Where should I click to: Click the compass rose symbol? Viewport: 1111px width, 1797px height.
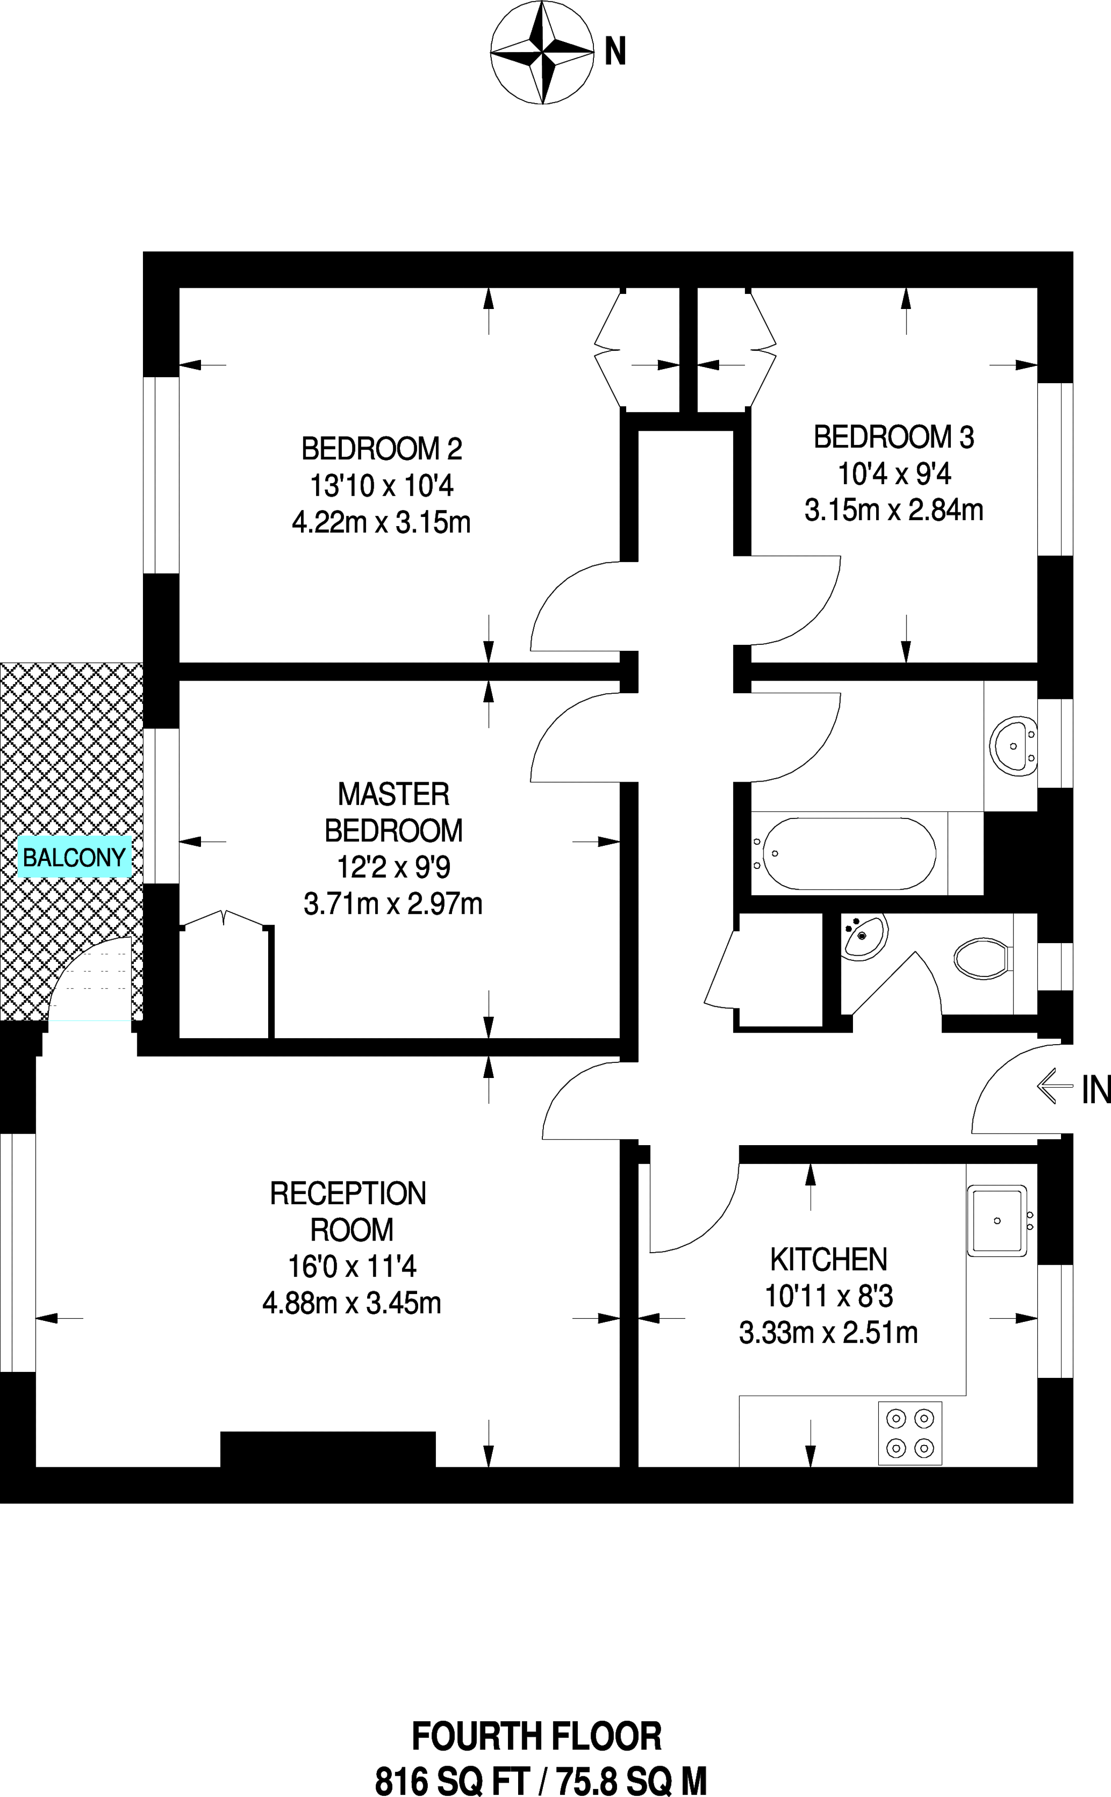[x=542, y=53]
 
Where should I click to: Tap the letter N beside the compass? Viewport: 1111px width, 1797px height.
[x=615, y=52]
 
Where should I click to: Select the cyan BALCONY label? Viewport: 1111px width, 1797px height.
[x=74, y=857]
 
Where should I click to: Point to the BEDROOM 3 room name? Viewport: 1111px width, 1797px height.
[x=893, y=437]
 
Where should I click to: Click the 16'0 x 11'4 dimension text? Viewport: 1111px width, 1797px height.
[x=352, y=1266]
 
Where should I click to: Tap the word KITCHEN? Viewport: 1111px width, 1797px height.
[x=829, y=1259]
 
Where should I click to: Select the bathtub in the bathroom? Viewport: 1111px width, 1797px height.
[x=849, y=854]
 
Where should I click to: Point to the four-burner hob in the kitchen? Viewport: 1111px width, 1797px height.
[x=910, y=1433]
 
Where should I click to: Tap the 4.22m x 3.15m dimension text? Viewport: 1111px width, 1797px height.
[x=381, y=523]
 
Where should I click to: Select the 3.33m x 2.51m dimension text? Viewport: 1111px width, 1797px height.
[x=829, y=1332]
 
